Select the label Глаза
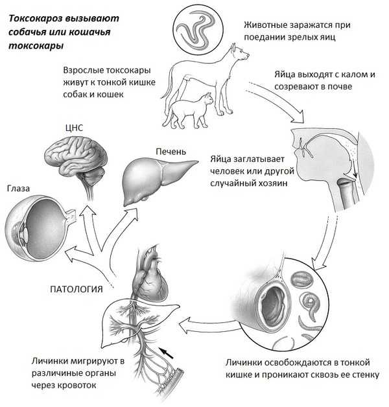[18, 189]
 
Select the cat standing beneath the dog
[188, 110]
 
